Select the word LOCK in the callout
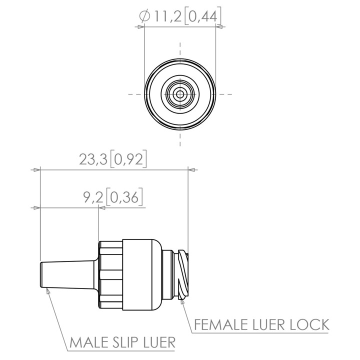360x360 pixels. point(309,324)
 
